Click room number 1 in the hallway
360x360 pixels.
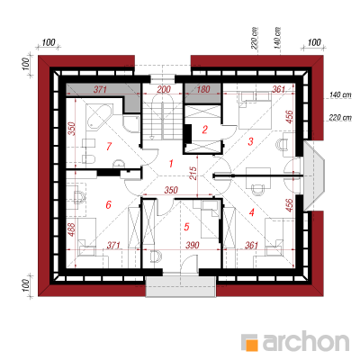coord(171,164)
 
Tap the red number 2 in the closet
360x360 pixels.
coord(205,130)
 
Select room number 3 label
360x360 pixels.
coord(250,141)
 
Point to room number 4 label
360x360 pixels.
coord(251,212)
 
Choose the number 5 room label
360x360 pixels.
coord(186,227)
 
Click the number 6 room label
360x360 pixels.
coord(108,204)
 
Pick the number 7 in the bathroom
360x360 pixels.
coord(109,147)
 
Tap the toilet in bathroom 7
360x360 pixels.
coord(89,158)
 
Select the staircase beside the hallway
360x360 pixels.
coord(162,117)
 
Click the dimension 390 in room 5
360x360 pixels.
coord(192,245)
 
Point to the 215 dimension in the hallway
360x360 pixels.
coord(193,173)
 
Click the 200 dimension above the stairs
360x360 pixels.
coord(164,89)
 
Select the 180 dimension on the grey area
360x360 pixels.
coord(204,89)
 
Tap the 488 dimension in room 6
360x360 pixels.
coord(72,230)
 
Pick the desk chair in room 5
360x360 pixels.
coord(156,256)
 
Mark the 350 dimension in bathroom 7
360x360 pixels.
coord(72,129)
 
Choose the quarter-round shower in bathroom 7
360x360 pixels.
coord(130,123)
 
